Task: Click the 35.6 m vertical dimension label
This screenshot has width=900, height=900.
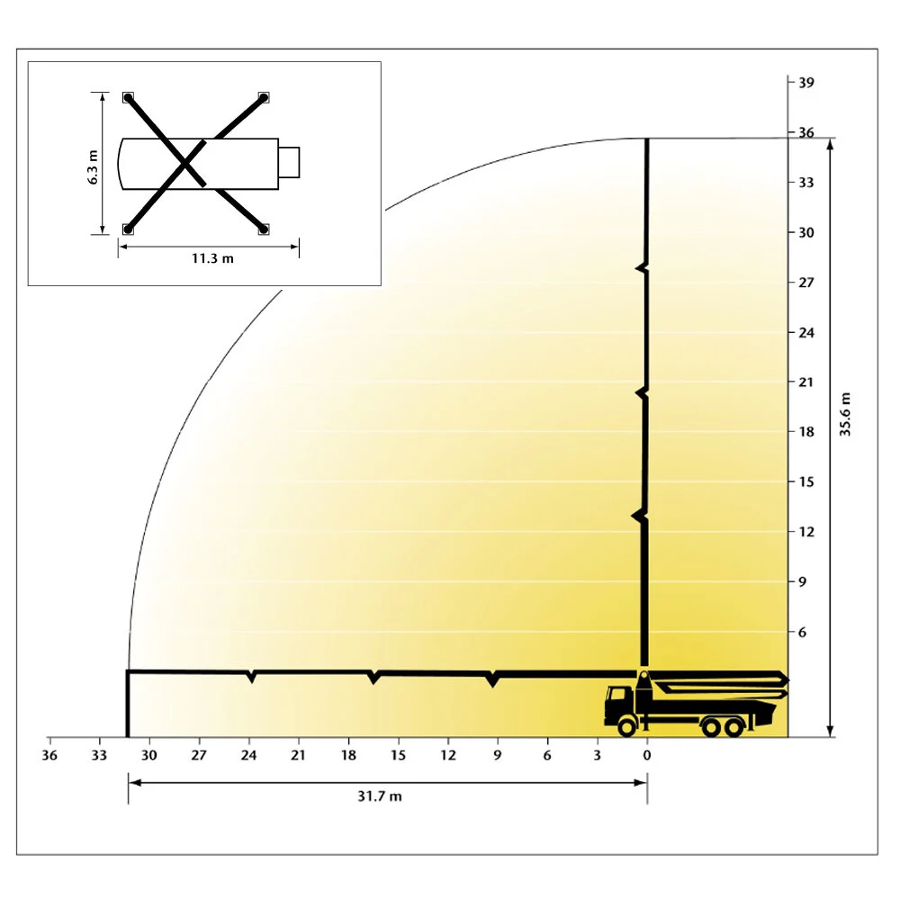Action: (x=845, y=414)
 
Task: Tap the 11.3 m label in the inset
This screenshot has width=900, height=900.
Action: (x=212, y=259)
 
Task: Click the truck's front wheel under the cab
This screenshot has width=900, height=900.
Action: (x=625, y=726)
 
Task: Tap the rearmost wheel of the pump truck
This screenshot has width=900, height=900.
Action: (x=735, y=726)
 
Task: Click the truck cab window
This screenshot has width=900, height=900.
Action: (x=618, y=696)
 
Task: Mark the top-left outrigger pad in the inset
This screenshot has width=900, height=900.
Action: (x=128, y=97)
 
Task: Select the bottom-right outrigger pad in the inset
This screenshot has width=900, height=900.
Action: (x=264, y=229)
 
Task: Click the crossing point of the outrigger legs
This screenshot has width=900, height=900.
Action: (x=186, y=164)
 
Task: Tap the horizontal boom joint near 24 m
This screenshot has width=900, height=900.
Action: (x=251, y=675)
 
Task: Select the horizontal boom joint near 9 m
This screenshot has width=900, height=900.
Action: (x=492, y=679)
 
